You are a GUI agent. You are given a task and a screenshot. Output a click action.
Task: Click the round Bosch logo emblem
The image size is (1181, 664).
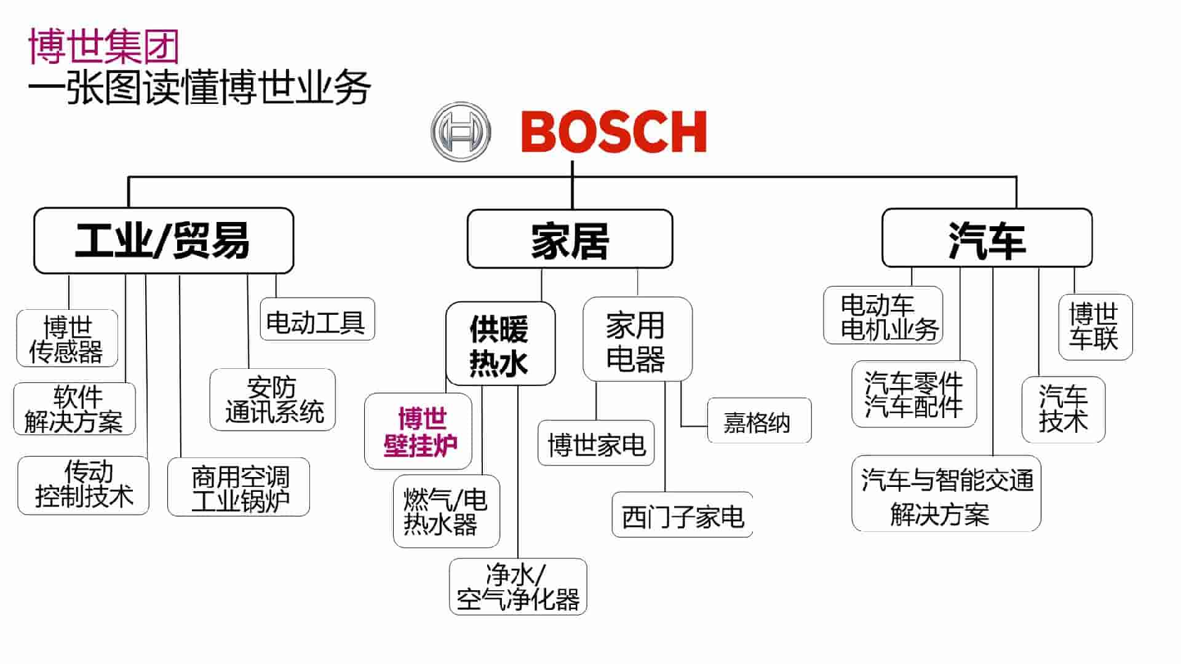coord(461,132)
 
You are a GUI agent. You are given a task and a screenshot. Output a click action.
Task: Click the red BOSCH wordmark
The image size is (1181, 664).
coord(614,132)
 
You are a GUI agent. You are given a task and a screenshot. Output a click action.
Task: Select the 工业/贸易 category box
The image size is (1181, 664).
coord(164,240)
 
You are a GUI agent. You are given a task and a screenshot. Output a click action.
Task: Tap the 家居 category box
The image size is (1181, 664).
coord(570,239)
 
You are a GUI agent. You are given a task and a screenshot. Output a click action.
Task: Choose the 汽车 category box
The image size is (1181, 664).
coord(987,238)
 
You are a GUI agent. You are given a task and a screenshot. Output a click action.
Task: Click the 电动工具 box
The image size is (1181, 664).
coord(317,320)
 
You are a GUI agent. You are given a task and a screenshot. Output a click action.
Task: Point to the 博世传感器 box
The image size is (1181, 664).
coord(67,338)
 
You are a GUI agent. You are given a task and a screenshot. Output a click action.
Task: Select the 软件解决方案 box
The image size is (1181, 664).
coord(74,409)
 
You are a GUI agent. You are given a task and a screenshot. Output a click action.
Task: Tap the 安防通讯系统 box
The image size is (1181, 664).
coord(272,400)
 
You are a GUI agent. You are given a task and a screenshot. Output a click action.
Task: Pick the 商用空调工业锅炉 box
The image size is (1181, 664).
coord(239,487)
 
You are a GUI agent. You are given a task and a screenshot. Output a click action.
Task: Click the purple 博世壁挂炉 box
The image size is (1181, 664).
coord(419,432)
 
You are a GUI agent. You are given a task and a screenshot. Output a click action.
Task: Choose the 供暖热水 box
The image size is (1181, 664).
coord(500,344)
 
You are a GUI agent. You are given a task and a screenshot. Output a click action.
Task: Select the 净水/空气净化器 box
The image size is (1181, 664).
coord(518,587)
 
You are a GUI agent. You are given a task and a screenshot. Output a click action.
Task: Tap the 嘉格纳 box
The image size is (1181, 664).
coord(758,421)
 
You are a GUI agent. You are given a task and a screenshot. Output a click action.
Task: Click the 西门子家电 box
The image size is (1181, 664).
coord(682,515)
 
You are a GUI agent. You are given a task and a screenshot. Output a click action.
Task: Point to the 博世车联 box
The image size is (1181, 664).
coord(1095,326)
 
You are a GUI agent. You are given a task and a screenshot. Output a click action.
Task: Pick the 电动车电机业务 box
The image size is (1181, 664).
coord(883,315)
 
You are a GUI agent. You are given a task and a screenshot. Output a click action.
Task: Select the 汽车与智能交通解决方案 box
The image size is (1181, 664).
coord(946,494)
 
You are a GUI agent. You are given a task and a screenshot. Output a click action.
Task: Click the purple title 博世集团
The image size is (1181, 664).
coord(103,46)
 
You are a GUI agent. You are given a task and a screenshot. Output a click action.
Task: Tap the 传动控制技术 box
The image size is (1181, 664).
coord(84,485)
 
